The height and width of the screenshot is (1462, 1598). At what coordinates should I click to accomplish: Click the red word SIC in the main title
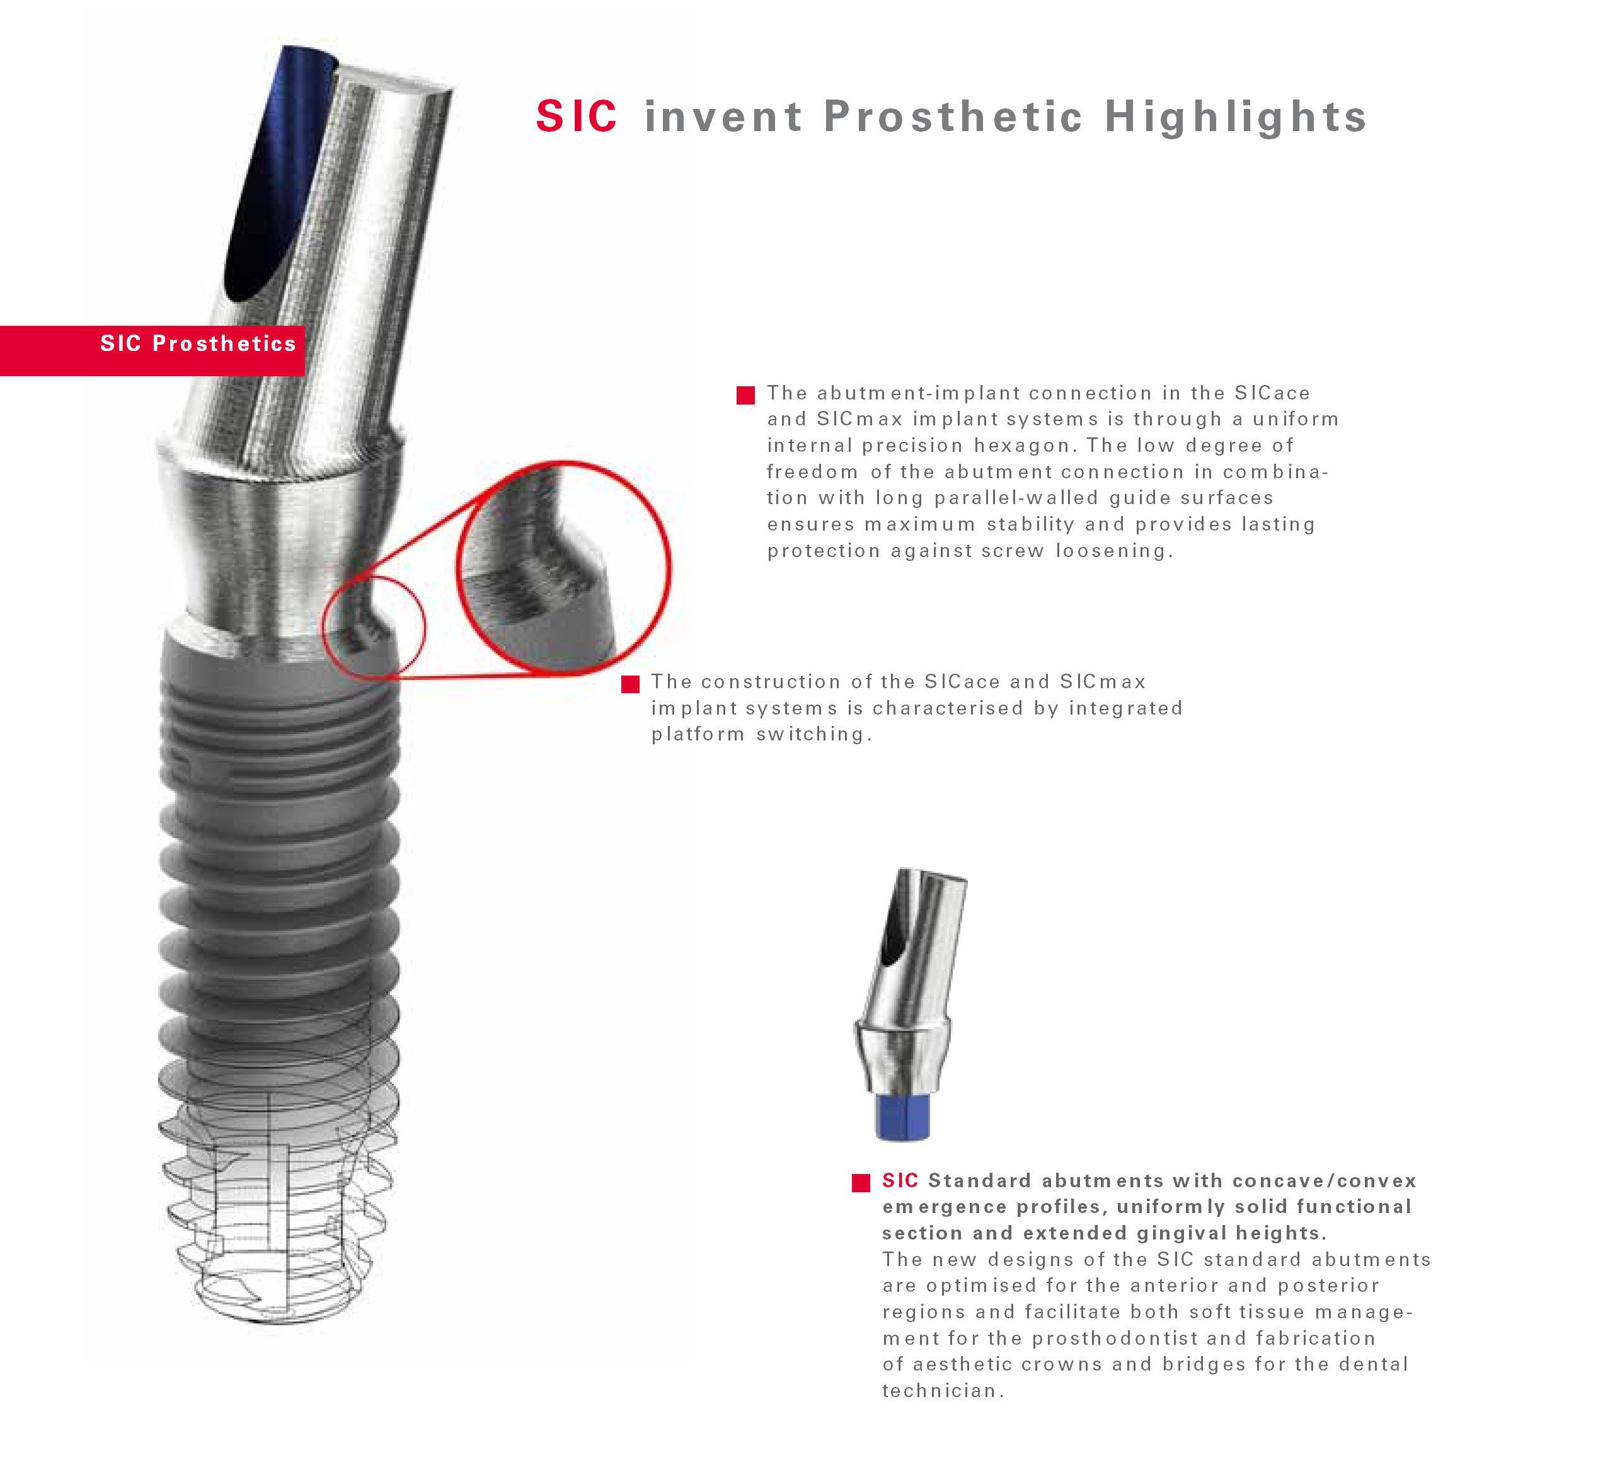pos(577,117)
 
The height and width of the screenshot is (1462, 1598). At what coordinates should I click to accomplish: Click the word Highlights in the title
pos(1236,117)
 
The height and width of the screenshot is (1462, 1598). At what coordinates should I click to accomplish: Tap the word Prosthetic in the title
pos(953,117)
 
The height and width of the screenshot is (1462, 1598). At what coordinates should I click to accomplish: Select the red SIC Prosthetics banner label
pos(197,343)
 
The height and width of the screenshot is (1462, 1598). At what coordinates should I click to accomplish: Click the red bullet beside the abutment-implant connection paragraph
pos(745,395)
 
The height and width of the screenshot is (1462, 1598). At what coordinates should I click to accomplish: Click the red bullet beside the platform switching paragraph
pos(630,684)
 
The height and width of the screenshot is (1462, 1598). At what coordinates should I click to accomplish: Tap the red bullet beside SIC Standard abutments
pos(861,1183)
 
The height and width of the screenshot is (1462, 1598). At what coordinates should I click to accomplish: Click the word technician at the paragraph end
pos(941,1391)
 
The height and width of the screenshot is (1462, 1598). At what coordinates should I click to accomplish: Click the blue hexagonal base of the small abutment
pos(903,1116)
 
